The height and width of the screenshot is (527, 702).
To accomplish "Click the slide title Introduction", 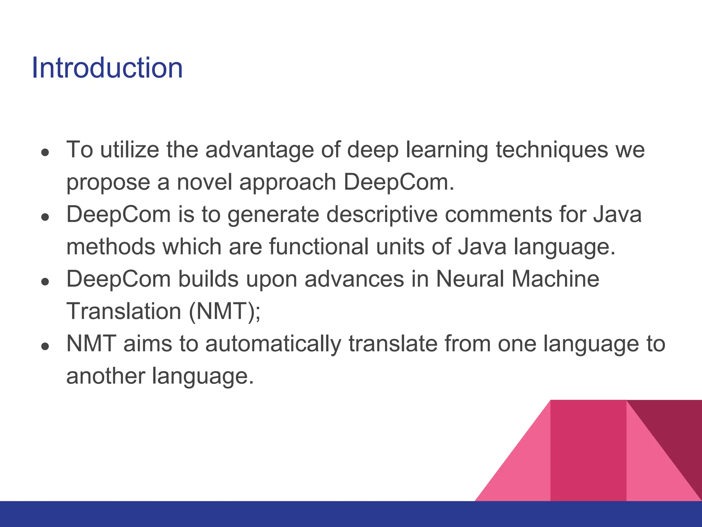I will [107, 68].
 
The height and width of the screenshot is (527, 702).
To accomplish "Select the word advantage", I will [259, 150].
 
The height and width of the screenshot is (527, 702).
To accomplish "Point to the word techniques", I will [552, 150].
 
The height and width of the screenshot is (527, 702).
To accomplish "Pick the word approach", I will [288, 183].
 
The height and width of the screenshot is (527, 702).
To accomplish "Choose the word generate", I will [273, 215].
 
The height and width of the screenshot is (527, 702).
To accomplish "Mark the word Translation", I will [124, 311].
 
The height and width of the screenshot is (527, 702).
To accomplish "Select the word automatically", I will [273, 344].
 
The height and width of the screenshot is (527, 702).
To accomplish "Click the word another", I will [105, 376].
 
